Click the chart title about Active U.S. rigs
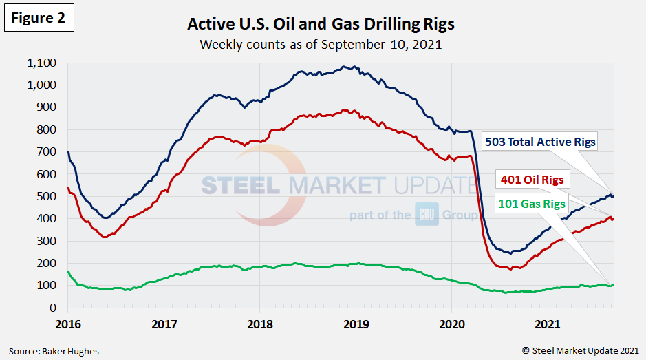click(321, 25)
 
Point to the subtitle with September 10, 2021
click(321, 45)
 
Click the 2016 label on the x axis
click(68, 324)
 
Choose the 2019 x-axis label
click(356, 324)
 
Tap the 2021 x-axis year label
click(548, 324)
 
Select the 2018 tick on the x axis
click(260, 324)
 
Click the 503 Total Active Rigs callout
click(541, 142)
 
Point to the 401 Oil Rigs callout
click(530, 180)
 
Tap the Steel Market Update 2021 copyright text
click(580, 351)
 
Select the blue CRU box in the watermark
click(427, 215)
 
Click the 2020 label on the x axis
click(452, 324)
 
